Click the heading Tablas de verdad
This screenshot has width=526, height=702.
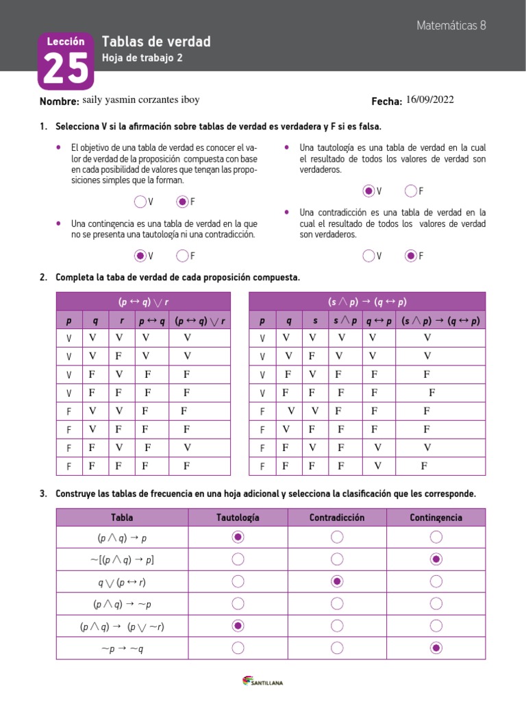coord(155,43)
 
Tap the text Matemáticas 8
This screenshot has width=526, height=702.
coord(451,25)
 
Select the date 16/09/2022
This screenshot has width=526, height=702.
coord(429,100)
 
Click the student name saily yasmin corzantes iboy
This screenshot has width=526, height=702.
coord(140,100)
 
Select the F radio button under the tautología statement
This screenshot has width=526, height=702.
coord(410,191)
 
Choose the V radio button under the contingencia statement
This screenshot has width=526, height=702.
coord(140,256)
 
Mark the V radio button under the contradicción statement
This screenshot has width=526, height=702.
coord(369,256)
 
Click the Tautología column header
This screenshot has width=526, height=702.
coord(238,518)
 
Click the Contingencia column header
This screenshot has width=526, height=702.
coord(436,518)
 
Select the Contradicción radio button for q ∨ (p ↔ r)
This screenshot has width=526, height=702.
coord(337,581)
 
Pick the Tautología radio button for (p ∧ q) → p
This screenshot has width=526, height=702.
coord(238,537)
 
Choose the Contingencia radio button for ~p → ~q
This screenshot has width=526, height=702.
coord(436,648)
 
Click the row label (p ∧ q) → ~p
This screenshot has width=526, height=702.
coord(122,604)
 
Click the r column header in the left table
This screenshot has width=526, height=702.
coord(121,321)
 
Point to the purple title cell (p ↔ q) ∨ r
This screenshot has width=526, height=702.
coord(143,301)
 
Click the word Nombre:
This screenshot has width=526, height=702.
coord(60,101)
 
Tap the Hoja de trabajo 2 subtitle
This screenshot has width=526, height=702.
coord(142,58)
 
